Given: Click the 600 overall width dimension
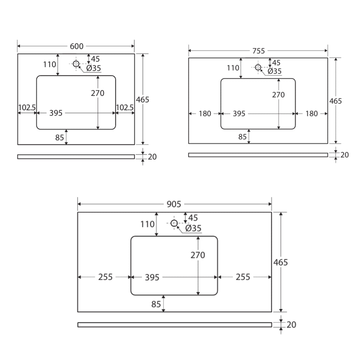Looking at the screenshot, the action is tap(77, 46).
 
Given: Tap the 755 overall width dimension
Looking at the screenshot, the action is tap(258, 51).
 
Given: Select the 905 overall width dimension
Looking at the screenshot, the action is tap(174, 204).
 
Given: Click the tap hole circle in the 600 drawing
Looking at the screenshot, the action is tap(76, 64).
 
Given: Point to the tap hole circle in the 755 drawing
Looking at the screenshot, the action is tap(258, 67).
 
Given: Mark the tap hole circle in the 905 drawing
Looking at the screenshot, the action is tap(174, 223).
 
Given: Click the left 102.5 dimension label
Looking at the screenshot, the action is tap(27, 108).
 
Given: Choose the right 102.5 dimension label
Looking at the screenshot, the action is tap(125, 108).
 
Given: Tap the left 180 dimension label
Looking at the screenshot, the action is tap(205, 114).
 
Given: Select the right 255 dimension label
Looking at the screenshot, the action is tap(243, 277).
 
